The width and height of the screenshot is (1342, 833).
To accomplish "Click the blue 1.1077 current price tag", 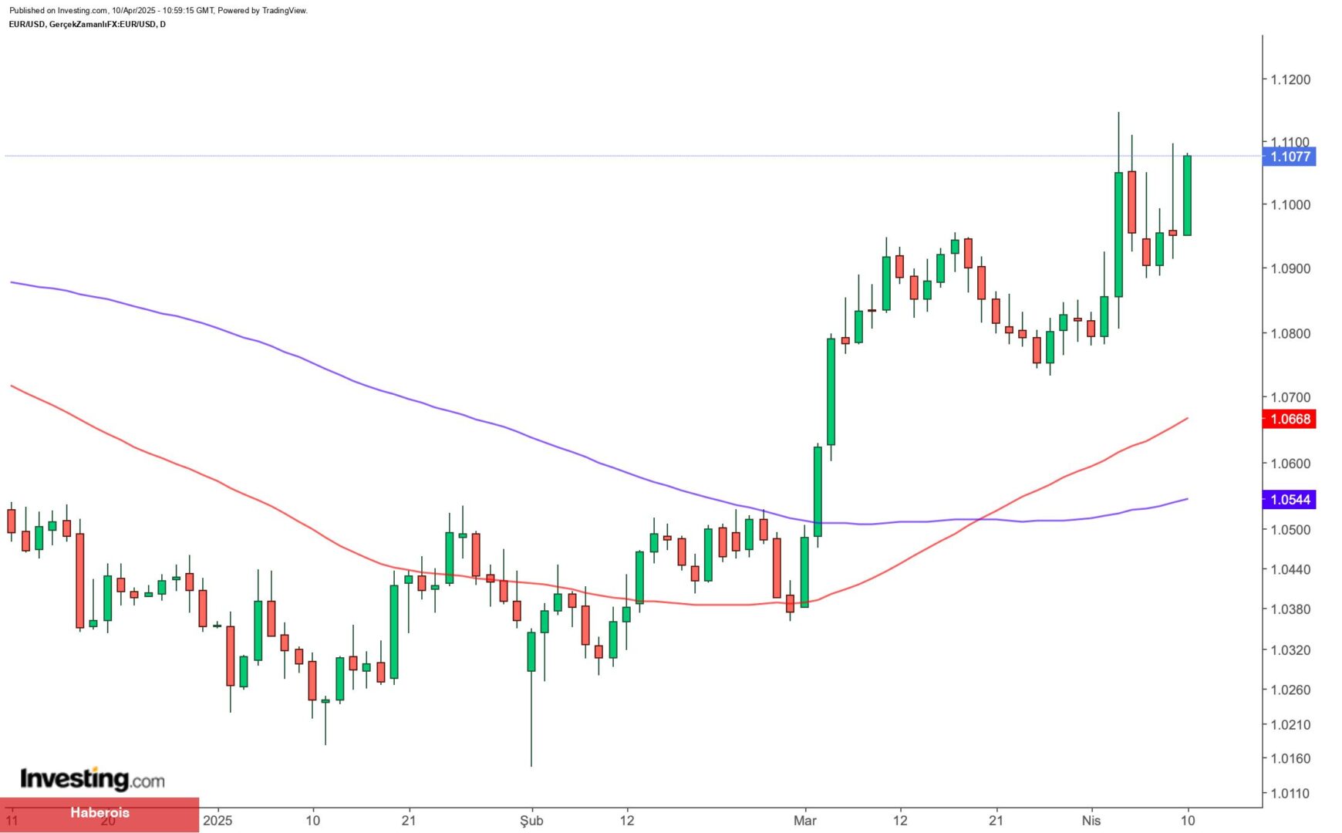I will click(x=1290, y=157).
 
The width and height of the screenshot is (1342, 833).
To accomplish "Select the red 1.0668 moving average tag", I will click(x=1290, y=419).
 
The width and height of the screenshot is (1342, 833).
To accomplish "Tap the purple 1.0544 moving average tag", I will click(x=1290, y=500).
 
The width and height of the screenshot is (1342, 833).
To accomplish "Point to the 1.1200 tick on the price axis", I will click(x=1290, y=79).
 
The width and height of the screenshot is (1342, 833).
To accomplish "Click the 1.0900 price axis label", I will click(x=1290, y=268).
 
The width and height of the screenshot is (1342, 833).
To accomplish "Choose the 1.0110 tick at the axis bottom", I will click(x=1290, y=793).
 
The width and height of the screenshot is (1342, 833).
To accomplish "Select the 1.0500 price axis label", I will click(x=1290, y=530).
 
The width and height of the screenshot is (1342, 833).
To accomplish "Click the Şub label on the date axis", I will click(x=531, y=820).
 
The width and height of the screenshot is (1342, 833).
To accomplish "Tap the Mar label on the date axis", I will click(x=804, y=820).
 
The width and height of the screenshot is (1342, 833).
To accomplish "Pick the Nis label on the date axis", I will click(x=1091, y=820).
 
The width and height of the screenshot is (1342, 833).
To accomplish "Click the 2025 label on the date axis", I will click(x=217, y=820).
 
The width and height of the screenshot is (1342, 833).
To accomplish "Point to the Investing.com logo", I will click(x=93, y=779).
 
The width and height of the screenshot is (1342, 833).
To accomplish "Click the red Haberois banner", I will click(x=99, y=813).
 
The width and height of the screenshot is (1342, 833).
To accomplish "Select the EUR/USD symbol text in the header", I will click(x=27, y=25).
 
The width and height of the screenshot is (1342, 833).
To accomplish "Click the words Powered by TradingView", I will click(x=262, y=11).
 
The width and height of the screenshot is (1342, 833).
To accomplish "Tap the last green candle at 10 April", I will click(x=1187, y=195).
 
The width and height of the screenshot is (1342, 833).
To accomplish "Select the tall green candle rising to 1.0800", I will click(x=831, y=392).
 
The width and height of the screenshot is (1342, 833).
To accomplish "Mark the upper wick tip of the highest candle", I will click(x=1118, y=113).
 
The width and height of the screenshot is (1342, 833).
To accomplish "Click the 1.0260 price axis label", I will click(x=1290, y=690).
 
